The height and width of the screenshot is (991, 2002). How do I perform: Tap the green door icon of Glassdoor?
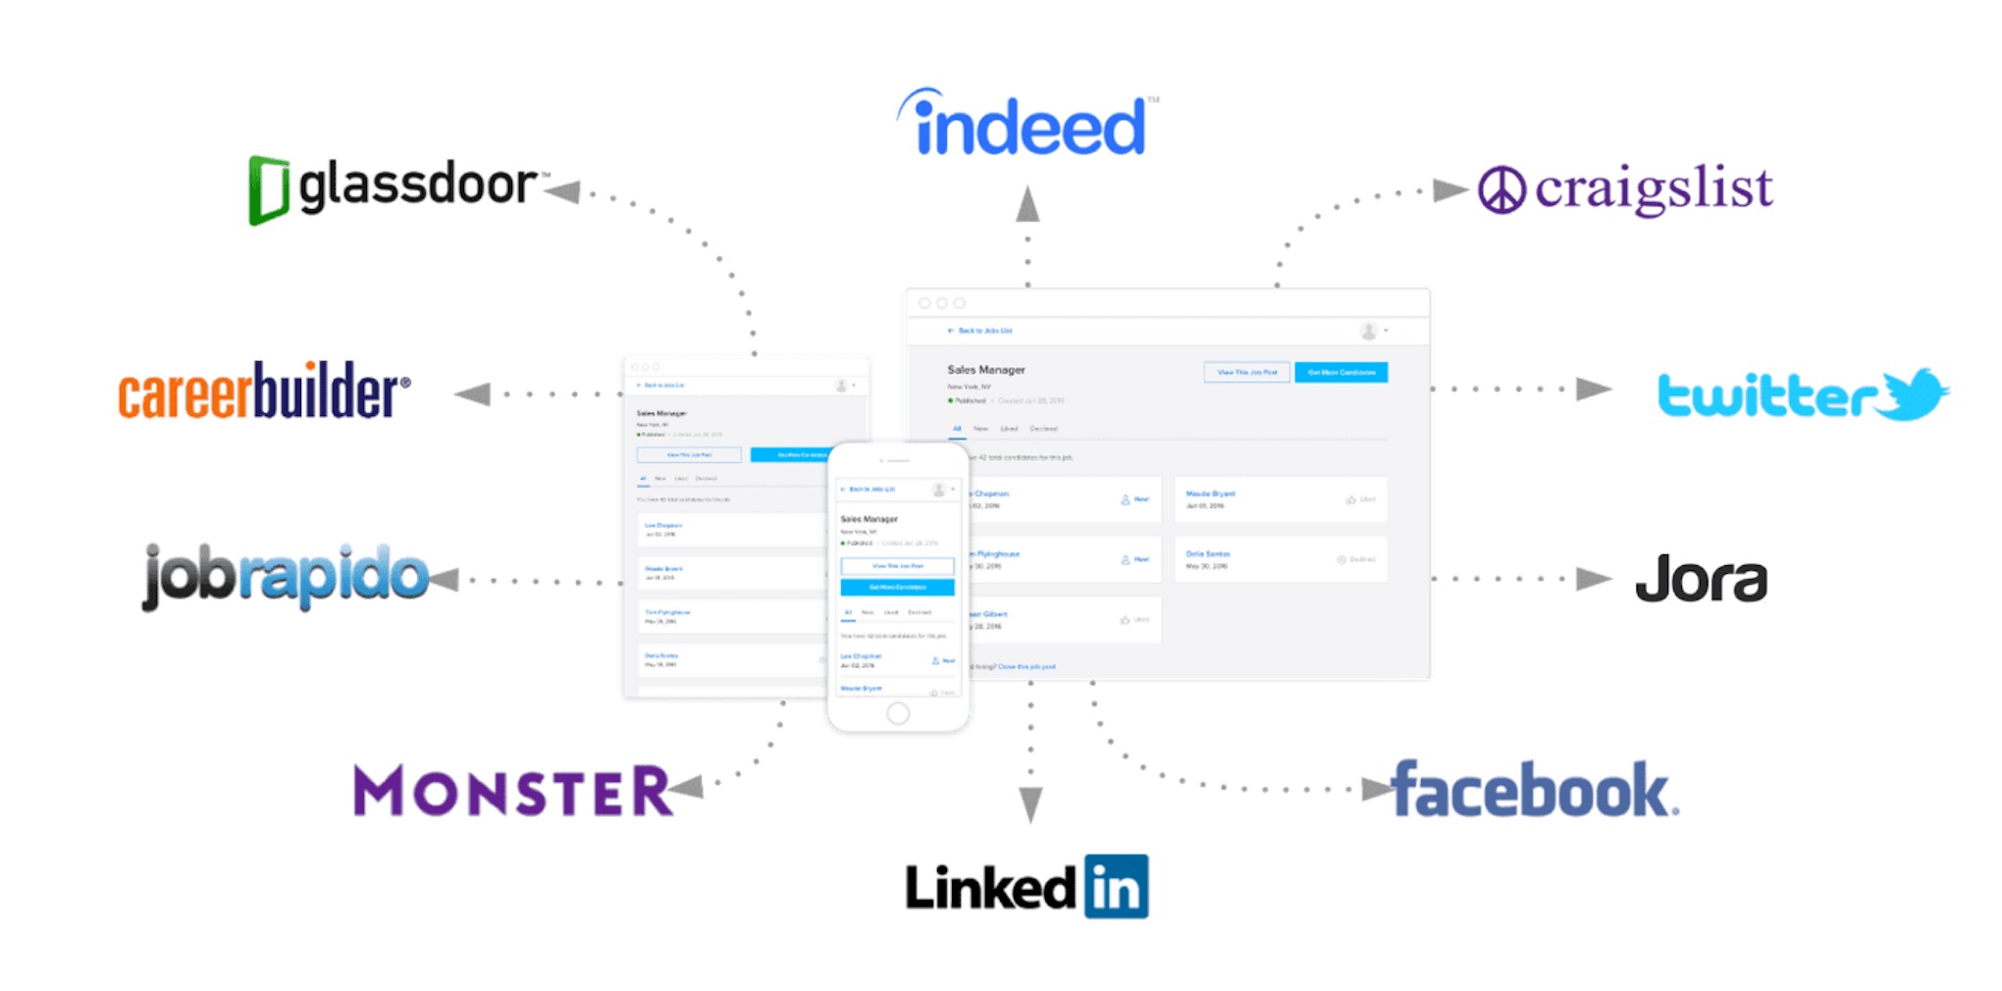pyautogui.click(x=268, y=188)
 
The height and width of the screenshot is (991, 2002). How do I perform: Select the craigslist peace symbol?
pyautogui.click(x=1501, y=189)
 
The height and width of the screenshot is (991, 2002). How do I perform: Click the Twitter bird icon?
pyautogui.click(x=1915, y=393)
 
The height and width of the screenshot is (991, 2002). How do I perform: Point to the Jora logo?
pyautogui.click(x=1701, y=579)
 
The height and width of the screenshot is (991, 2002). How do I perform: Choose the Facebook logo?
pyautogui.click(x=1535, y=790)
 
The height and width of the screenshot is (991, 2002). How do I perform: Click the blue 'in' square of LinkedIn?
pyautogui.click(x=1116, y=887)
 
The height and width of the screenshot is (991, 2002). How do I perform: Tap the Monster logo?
pyautogui.click(x=512, y=791)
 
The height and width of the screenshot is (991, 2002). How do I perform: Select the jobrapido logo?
pyautogui.click(x=286, y=576)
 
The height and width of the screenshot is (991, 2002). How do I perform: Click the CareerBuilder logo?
pyautogui.click(x=263, y=391)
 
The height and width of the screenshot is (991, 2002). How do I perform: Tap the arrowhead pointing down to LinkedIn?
pyautogui.click(x=1030, y=804)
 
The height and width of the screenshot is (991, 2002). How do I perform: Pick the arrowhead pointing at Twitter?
pyautogui.click(x=1593, y=390)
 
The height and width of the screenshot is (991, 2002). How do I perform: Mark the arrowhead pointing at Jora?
pyautogui.click(x=1593, y=579)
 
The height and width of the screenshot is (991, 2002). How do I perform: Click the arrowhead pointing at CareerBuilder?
pyautogui.click(x=474, y=394)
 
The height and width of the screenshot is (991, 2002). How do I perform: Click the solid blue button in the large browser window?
pyautogui.click(x=1341, y=373)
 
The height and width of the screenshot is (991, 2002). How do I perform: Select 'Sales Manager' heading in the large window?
pyautogui.click(x=985, y=370)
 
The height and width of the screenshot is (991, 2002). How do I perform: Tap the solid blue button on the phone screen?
pyautogui.click(x=897, y=588)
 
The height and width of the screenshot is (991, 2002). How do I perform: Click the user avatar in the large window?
pyautogui.click(x=1368, y=332)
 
